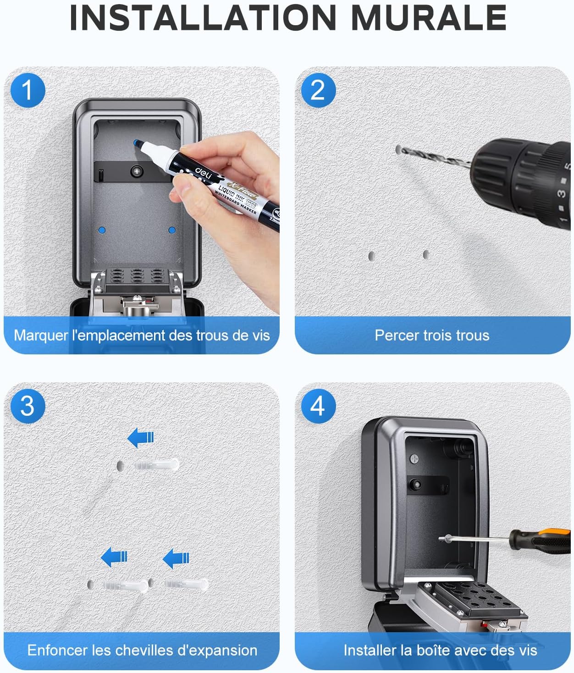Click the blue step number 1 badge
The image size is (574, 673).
coord(28,90)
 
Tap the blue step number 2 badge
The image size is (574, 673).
coord(318,90)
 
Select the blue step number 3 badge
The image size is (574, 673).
coord(28,406)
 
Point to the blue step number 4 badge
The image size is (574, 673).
coord(318,406)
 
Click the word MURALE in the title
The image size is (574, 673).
coord(429,18)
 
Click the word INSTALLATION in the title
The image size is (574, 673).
coord(203,18)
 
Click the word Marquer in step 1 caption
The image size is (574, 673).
coord(41,336)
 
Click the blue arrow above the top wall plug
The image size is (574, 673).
coord(140,438)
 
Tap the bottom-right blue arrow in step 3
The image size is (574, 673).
coord(176,558)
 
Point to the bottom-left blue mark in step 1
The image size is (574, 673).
coord(102,230)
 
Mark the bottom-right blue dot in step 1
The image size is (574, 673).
coord(172,230)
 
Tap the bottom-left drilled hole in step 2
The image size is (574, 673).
coord(371,256)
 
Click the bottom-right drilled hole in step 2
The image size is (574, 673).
coord(425,254)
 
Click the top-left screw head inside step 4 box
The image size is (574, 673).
coord(414,459)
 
